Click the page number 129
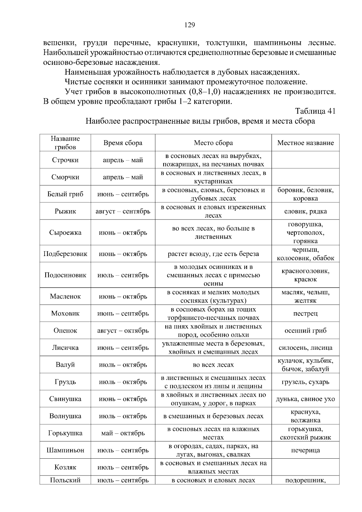(x=189, y=25)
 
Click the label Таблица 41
(x=315, y=111)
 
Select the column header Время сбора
(x=123, y=143)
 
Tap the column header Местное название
(x=305, y=143)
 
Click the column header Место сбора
(x=213, y=143)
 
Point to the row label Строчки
(x=65, y=160)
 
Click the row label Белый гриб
(x=65, y=194)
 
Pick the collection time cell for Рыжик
(x=123, y=211)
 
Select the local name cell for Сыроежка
(x=305, y=232)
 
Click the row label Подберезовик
(x=65, y=254)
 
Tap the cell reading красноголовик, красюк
(x=305, y=275)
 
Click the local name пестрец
(x=305, y=314)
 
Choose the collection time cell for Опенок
(x=123, y=331)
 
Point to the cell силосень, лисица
(x=305, y=348)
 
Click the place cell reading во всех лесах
(x=213, y=365)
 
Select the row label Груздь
(x=65, y=382)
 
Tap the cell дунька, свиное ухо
(x=305, y=399)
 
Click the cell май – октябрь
(x=123, y=433)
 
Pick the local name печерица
(x=305, y=450)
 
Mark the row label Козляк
(x=65, y=467)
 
